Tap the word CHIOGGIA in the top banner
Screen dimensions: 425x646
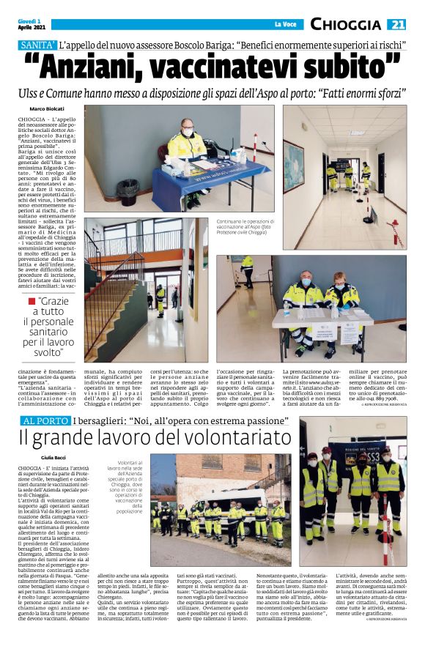[347, 25]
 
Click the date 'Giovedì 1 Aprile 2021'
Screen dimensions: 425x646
[32, 24]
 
